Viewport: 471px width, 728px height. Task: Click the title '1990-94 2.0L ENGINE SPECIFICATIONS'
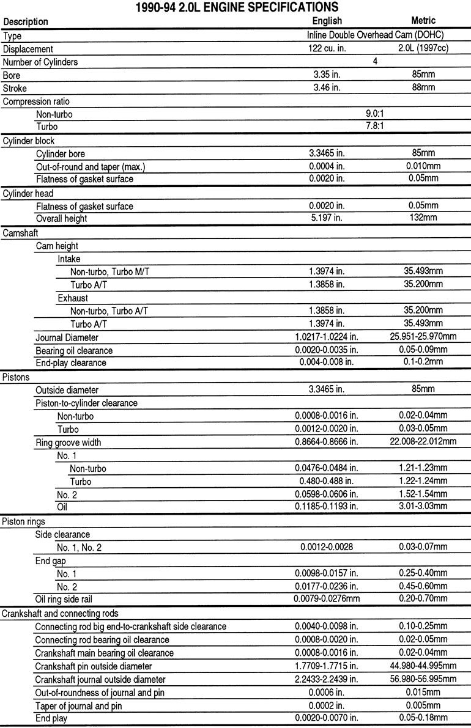pyautogui.click(x=236, y=7)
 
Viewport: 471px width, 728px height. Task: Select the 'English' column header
pyautogui.click(x=327, y=21)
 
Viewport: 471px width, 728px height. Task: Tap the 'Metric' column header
pyautogui.click(x=423, y=21)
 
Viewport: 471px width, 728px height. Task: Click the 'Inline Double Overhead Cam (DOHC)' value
pyautogui.click(x=375, y=35)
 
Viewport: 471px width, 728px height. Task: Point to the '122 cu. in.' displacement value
pyautogui.click(x=327, y=49)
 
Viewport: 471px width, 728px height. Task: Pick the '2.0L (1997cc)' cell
pyautogui.click(x=423, y=49)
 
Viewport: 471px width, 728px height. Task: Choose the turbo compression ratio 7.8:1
pyautogui.click(x=375, y=127)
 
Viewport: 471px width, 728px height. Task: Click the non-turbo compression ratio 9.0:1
pyautogui.click(x=375, y=114)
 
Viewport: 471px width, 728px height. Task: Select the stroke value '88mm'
pyautogui.click(x=423, y=88)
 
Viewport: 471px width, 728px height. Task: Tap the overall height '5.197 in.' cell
pyautogui.click(x=327, y=218)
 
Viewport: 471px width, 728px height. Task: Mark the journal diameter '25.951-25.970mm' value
pyautogui.click(x=423, y=337)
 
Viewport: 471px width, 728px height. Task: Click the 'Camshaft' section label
pyautogui.click(x=20, y=233)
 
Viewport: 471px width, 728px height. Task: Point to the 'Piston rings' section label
pyautogui.click(x=23, y=521)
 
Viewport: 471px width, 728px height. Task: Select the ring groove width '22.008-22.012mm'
pyautogui.click(x=423, y=442)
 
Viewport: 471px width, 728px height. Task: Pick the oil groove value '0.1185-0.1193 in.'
pyautogui.click(x=327, y=506)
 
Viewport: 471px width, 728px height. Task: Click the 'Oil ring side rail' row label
pyautogui.click(x=64, y=600)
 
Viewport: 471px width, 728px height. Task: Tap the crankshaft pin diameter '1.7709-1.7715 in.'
pyautogui.click(x=327, y=666)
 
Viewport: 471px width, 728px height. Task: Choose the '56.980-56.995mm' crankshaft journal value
pyautogui.click(x=423, y=679)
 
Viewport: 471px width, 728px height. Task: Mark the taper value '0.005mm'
pyautogui.click(x=423, y=705)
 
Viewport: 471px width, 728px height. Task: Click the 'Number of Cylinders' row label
pyautogui.click(x=40, y=62)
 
